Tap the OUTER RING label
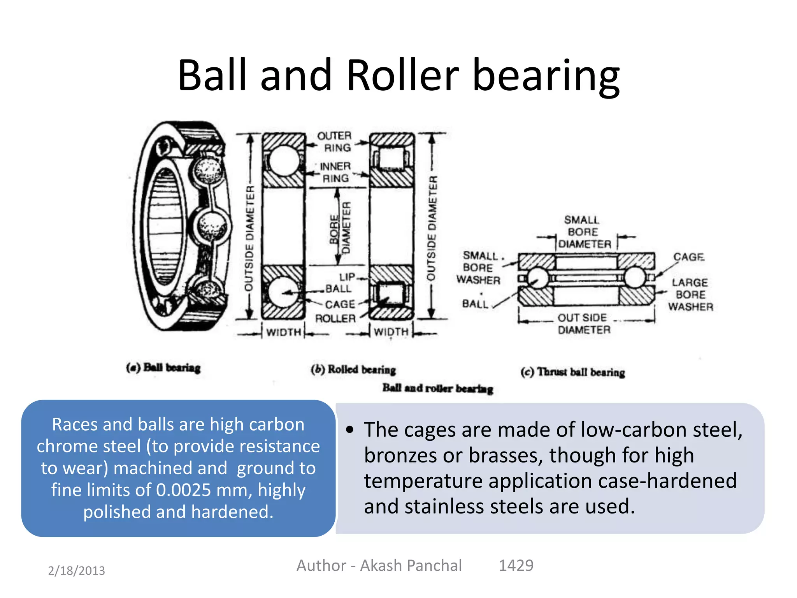coord(334,142)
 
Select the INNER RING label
coord(335,172)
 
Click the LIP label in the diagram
coord(347,277)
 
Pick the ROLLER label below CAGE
coord(335,318)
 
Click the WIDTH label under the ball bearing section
coord(284,332)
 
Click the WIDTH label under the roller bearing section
coord(391,332)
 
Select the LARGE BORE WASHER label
coord(690,294)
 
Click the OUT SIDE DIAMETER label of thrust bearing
coord(583,324)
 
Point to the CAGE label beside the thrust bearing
coord(689,257)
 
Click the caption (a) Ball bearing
coord(163,368)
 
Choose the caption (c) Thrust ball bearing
coord(573,372)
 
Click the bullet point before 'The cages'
coord(350,430)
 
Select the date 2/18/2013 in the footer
coord(76,570)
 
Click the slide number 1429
coord(516,565)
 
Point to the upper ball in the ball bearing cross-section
coord(284,161)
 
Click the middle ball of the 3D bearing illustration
coord(211,226)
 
